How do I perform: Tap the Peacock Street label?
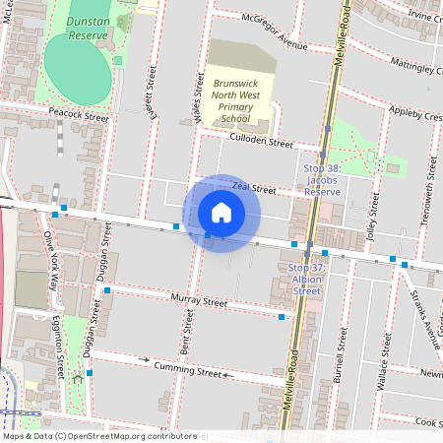pos(79,115)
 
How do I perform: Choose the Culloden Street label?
pos(261,142)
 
